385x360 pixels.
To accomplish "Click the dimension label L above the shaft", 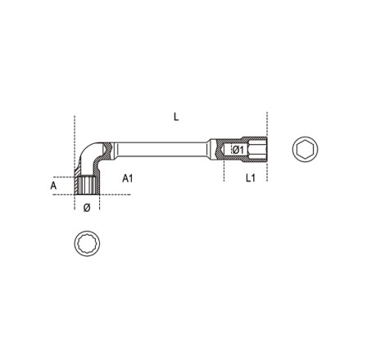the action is tap(176, 117).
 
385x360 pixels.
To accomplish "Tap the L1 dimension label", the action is tap(251, 178).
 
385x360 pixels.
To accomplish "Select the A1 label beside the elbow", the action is tap(128, 178).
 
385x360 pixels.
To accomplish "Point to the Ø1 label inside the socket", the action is tap(239, 150).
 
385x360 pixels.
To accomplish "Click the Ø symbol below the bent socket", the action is tap(87, 208).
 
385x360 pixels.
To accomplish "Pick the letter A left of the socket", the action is tap(53, 186).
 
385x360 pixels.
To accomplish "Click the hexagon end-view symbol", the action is tap(305, 149).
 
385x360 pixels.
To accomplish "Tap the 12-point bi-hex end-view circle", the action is tap(87, 243).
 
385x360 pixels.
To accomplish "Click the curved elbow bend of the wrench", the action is tap(88, 153).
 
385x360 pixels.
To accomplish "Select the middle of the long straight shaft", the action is tap(161, 149).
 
